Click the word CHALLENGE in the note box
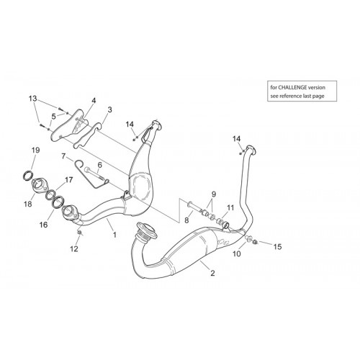point(292,87)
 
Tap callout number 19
point(35,150)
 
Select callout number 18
point(28,204)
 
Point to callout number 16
point(44,225)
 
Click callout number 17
point(68,180)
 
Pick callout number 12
point(74,249)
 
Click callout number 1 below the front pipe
point(114,235)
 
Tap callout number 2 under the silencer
point(212,273)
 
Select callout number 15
point(278,247)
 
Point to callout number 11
point(230,207)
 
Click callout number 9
point(214,194)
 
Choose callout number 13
point(33,99)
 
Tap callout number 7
point(63,156)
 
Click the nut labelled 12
point(79,233)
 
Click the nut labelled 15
point(256,242)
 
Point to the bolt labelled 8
point(195,207)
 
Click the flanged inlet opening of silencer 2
point(146,230)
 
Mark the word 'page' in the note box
point(319,96)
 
